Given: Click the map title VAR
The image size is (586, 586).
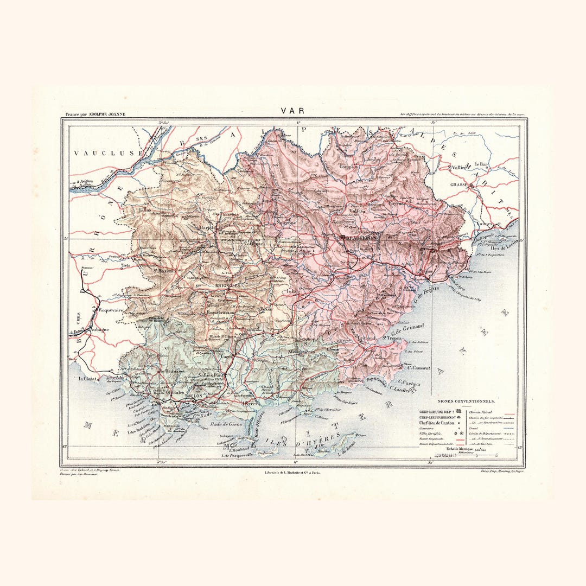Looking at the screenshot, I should [292, 111].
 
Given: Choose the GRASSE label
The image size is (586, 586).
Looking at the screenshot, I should [459, 184].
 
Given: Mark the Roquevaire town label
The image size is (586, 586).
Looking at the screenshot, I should [111, 310].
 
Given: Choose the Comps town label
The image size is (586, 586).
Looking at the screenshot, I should [347, 166].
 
